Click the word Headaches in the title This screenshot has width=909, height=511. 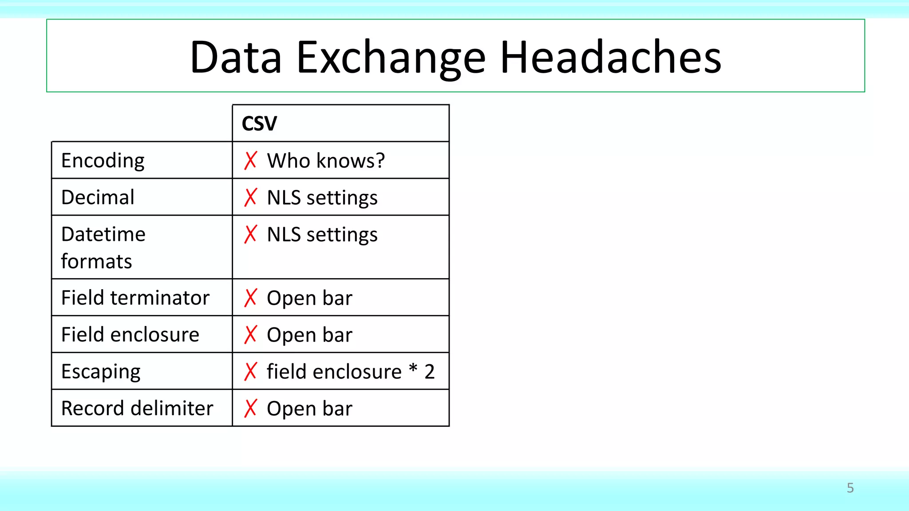coord(611,58)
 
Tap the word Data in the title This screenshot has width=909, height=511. coord(236,58)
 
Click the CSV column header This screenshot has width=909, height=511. coord(259,123)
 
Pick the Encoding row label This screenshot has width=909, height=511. coord(103,161)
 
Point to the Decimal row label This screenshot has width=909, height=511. coord(98,197)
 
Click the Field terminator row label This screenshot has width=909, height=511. coord(135,298)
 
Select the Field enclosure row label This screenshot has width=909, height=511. coord(130,334)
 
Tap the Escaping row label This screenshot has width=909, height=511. coord(101,372)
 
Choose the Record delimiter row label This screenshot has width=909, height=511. coord(137,409)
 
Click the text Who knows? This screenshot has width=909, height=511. coord(326,161)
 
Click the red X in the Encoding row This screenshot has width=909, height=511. coord(250,161)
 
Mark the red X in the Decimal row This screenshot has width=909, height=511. coord(250,197)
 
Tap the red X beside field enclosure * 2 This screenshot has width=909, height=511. coord(250,372)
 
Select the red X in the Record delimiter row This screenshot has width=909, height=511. coord(250,409)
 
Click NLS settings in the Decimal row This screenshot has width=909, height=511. coord(322,198)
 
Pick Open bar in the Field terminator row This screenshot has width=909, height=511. coord(309,298)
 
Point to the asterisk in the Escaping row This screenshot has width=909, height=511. coord(413,368)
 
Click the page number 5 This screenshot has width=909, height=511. coord(850,488)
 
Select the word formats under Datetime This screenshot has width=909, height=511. coord(96,262)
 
